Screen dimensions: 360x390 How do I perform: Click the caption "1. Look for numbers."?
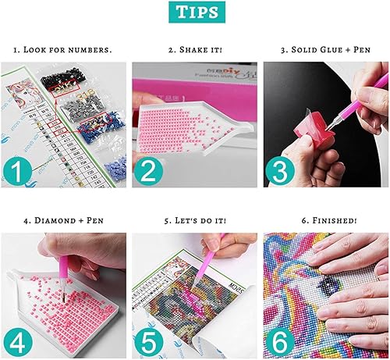[63, 50]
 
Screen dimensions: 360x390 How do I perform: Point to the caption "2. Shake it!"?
[195, 50]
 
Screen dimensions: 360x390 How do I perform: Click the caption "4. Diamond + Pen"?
[63, 220]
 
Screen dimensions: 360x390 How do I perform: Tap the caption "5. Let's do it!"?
[195, 220]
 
